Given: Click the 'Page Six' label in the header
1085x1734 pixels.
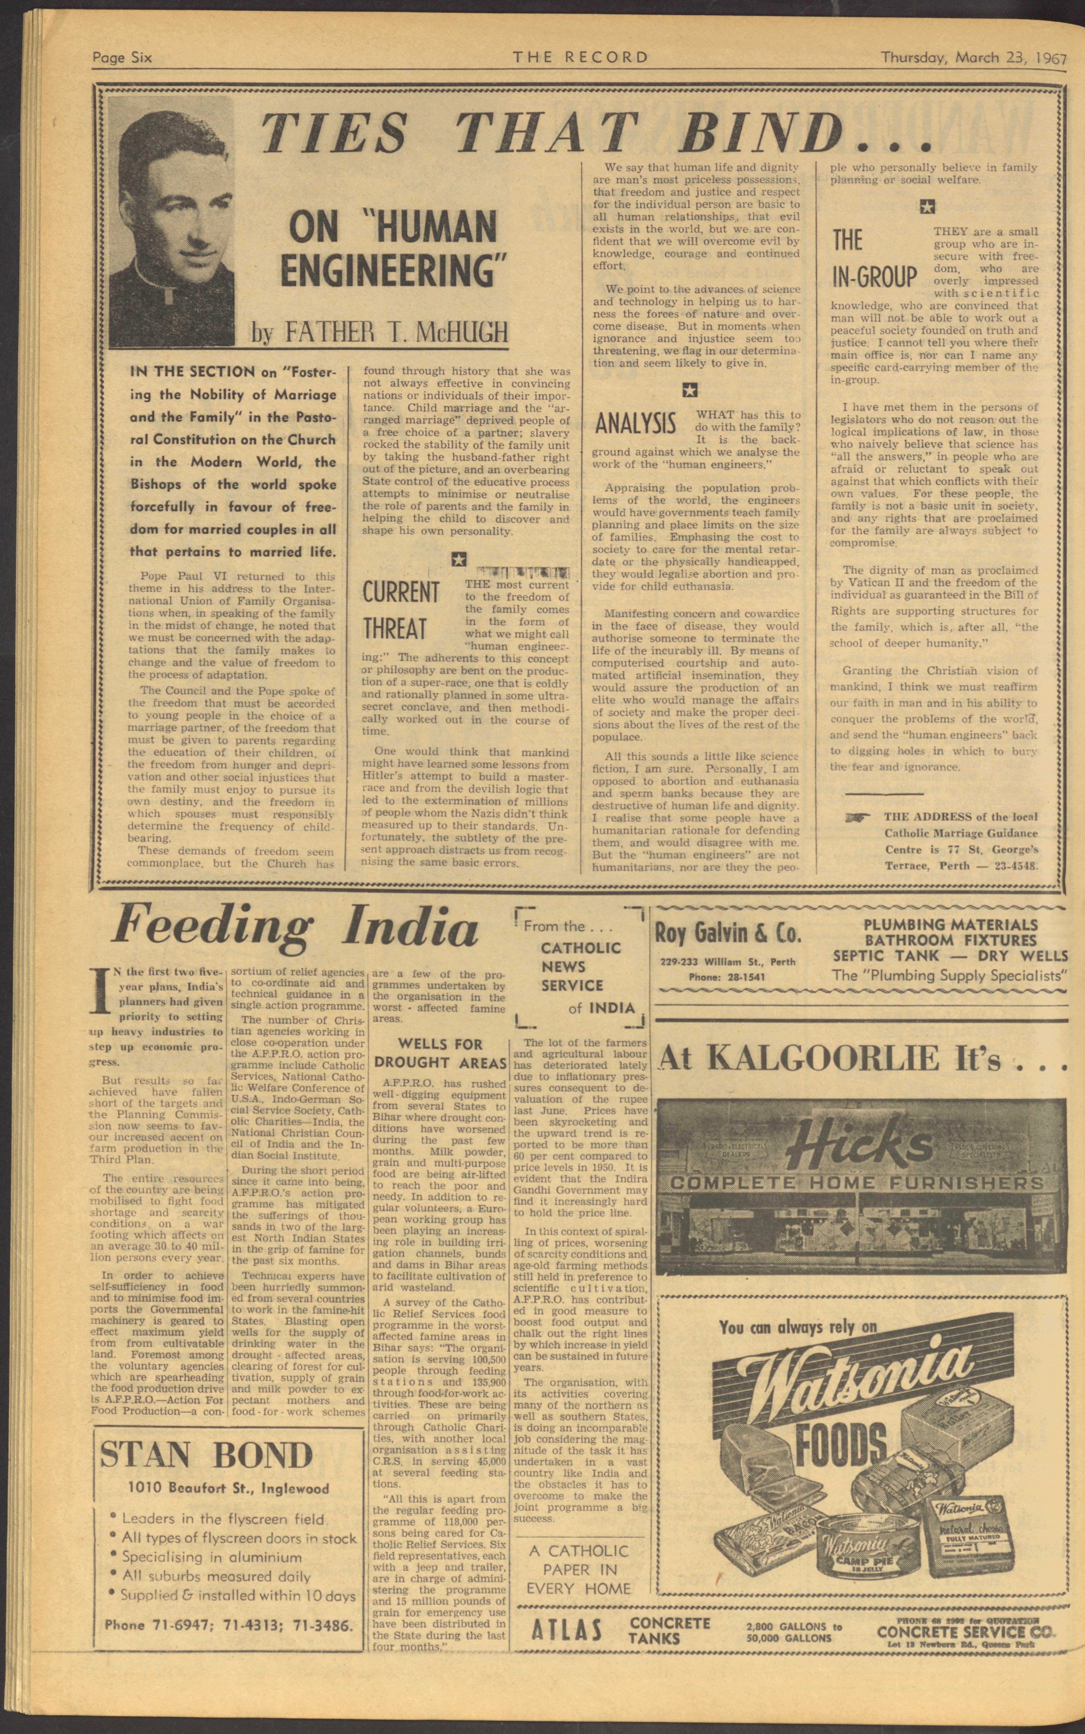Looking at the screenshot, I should coord(122,58).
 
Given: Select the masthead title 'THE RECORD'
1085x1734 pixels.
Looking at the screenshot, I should coord(580,57).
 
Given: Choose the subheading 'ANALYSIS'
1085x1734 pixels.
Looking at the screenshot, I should coord(635,423).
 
